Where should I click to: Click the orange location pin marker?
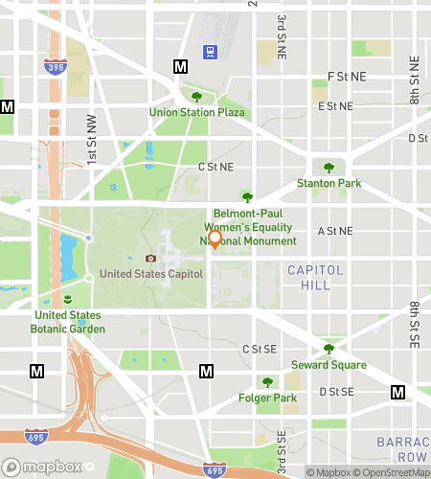point(215,239)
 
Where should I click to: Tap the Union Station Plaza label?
point(196,112)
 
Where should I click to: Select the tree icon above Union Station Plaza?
point(196,97)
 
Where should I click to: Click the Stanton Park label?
point(328,182)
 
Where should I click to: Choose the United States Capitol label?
point(151,273)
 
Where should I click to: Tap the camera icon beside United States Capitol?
point(150,258)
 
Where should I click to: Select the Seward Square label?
point(329,365)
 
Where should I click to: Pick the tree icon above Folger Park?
point(267,382)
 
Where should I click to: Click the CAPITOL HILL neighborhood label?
point(314,279)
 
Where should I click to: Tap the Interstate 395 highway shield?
point(55,66)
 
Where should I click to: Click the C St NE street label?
point(215,167)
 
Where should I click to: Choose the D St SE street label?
point(336,391)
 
